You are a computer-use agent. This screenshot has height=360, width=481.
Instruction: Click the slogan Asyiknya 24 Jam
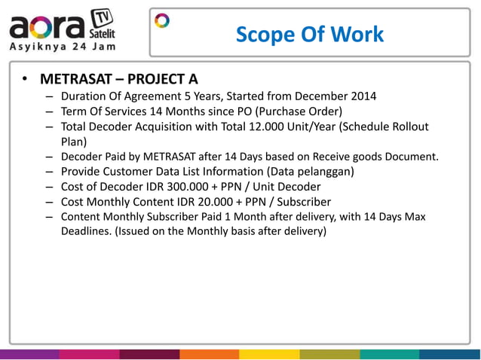pyautogui.click(x=57, y=47)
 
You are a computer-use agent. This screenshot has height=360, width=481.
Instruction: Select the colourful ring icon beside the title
pyautogui.click(x=162, y=20)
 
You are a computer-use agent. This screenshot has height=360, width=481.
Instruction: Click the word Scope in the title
pyautogui.click(x=261, y=35)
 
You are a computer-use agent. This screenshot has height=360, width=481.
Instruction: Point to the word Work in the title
pyautogui.click(x=358, y=35)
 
